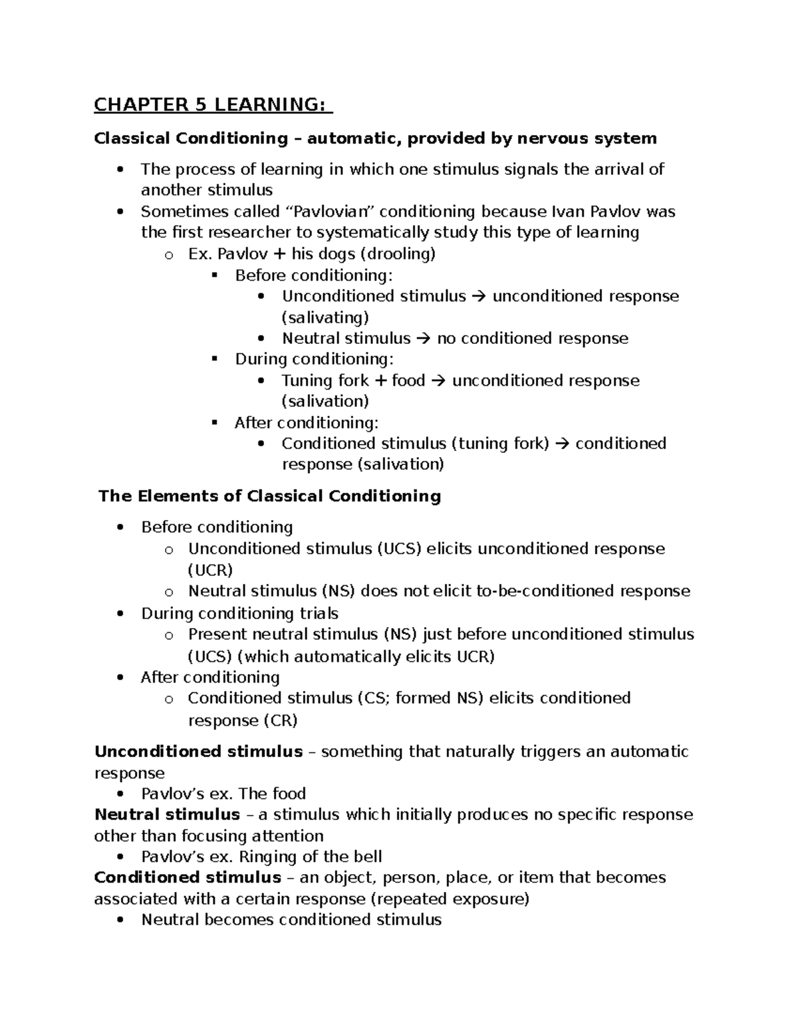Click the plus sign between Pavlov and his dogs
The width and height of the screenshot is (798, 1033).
coord(278,254)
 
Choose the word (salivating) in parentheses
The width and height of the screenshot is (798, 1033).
coord(325,317)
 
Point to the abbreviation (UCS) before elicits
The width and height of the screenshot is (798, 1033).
coord(399,549)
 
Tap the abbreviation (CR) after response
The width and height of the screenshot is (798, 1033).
coord(280,720)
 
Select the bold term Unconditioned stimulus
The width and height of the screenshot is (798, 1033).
coord(198,752)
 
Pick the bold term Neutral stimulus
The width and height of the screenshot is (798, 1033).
coord(167,815)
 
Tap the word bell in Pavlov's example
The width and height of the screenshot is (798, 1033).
coord(368,857)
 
